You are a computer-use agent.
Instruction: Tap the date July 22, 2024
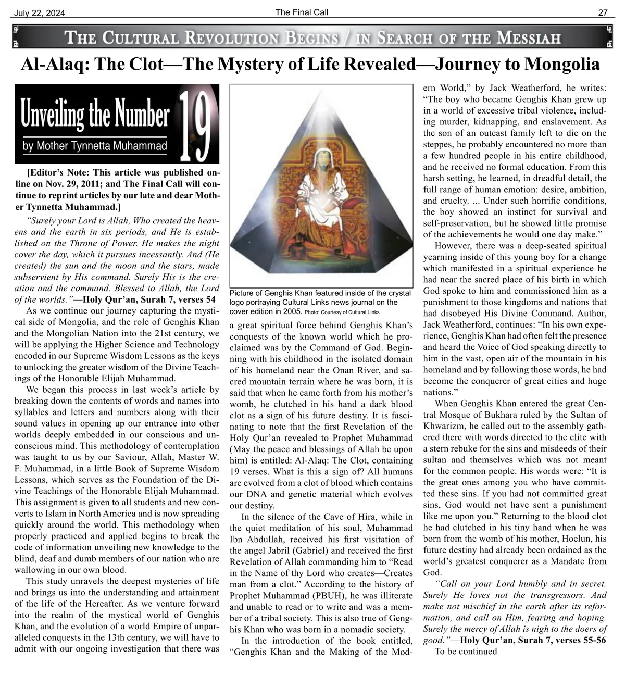coord(37,14)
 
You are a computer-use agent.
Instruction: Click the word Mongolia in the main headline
coord(562,65)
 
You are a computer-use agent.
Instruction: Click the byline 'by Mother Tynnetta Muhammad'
coord(94,146)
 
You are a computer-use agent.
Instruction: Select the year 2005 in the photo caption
coord(292,311)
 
